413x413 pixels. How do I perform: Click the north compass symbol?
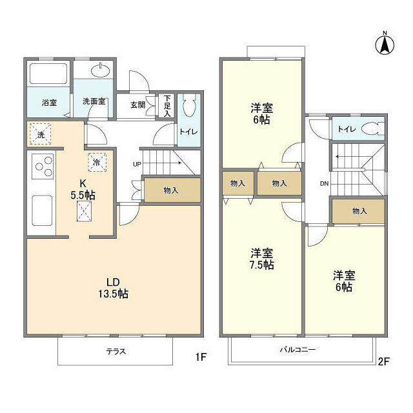pos(385,43)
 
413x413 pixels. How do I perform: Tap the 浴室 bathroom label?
pos(50,102)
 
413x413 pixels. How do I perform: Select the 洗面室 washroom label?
pos(94,102)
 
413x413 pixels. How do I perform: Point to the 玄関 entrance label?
pos(137,105)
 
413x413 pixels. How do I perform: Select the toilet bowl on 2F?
pos(370,129)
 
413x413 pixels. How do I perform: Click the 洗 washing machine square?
pos(40,135)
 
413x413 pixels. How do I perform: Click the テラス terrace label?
pos(116,352)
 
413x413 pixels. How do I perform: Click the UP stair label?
pos(137,164)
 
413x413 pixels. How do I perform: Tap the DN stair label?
pos(323,183)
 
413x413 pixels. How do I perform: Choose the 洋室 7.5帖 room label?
pos(261,258)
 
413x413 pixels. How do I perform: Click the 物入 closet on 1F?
pos(171,190)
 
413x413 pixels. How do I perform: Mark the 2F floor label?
pos(383,361)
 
